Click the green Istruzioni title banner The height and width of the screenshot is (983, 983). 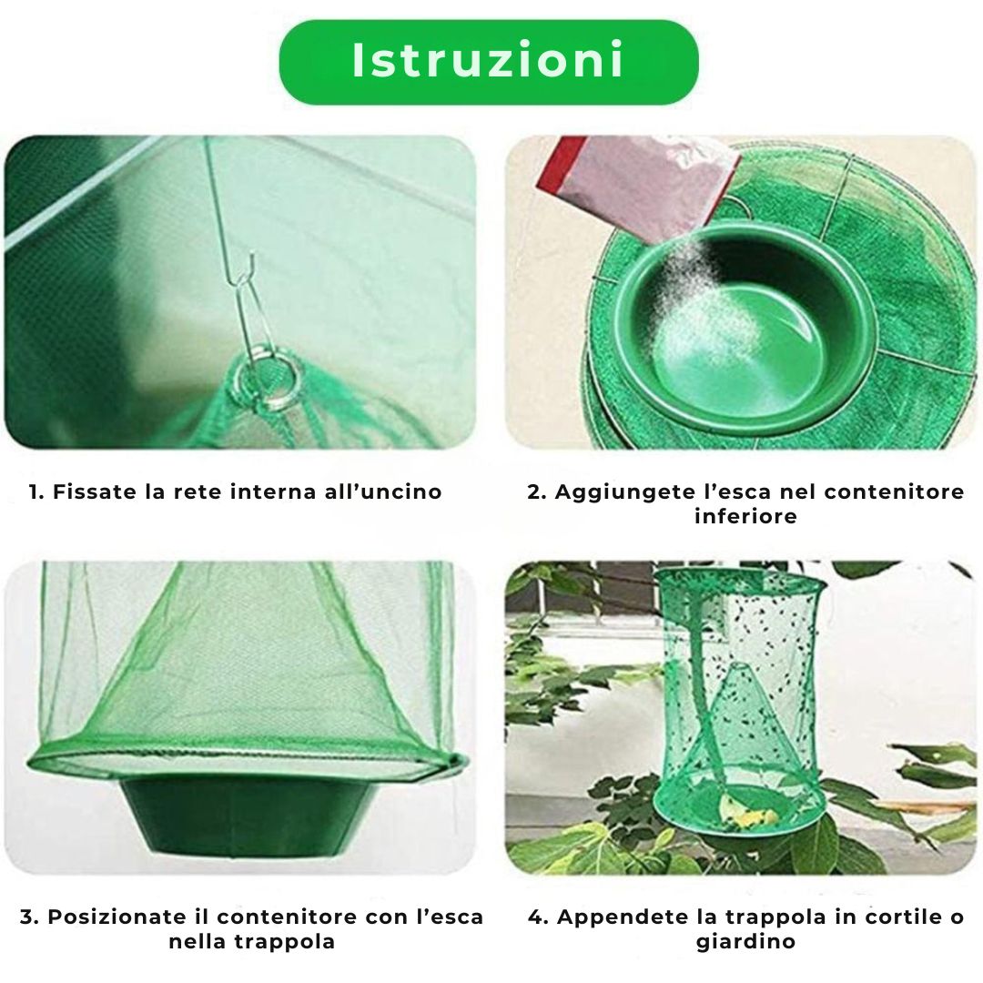pos(489,61)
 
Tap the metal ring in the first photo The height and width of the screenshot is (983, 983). pos(267,374)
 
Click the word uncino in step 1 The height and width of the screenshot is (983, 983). pos(400,492)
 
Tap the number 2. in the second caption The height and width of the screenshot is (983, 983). pos(537,492)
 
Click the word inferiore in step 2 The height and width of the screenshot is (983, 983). pos(745,516)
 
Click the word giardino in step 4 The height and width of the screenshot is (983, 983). pos(745,941)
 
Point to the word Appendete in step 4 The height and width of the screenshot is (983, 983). pos(619,917)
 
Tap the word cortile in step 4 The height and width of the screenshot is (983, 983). pos(882,917)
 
